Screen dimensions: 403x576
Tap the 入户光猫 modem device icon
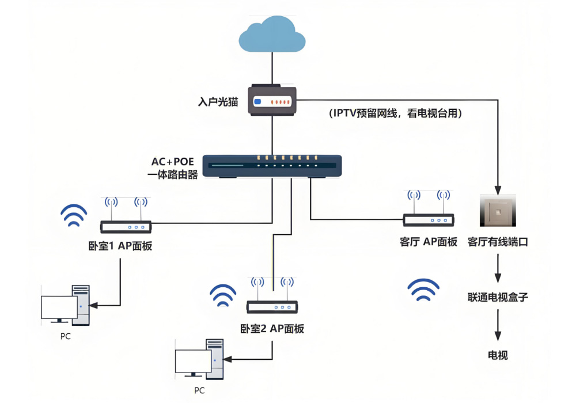[272, 101]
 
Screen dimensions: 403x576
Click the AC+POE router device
[272, 166]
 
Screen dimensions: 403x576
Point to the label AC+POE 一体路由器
[173, 168]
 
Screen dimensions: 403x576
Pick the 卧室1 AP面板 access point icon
[126, 221]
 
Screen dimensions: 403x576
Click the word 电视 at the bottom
[498, 355]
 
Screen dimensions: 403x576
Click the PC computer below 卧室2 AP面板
[199, 359]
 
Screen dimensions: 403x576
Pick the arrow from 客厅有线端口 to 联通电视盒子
[498, 268]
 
